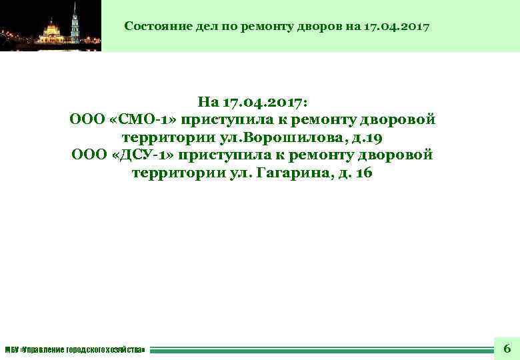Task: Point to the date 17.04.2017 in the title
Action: (397, 27)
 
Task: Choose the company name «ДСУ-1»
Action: (143, 155)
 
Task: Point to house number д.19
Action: (371, 138)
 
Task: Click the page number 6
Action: (507, 348)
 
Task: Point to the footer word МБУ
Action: (12, 349)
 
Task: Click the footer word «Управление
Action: (43, 349)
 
